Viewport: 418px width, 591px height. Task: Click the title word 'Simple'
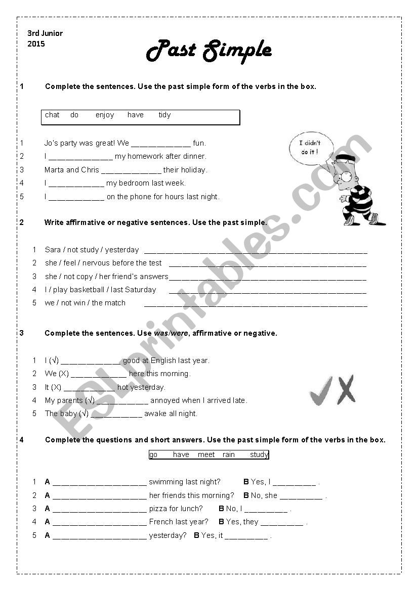click(237, 51)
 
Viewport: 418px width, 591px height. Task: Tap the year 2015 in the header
click(36, 44)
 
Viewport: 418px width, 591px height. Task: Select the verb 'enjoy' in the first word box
click(105, 115)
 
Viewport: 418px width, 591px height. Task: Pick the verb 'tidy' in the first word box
click(164, 115)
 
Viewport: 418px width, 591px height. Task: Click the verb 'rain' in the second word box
click(229, 454)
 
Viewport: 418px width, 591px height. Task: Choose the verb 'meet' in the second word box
click(206, 454)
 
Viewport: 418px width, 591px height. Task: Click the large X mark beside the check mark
click(346, 390)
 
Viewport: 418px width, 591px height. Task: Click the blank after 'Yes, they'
click(282, 523)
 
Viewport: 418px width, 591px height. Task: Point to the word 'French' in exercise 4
click(161, 522)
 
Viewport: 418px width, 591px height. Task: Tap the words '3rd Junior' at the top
click(45, 33)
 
